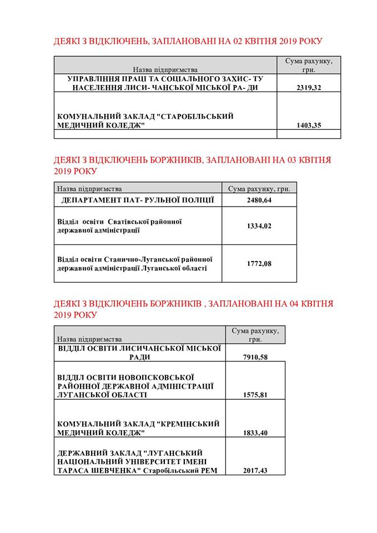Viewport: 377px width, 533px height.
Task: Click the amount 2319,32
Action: tap(308, 88)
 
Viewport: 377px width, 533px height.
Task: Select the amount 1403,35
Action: tap(308, 125)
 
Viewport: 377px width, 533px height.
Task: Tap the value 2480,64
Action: tap(259, 200)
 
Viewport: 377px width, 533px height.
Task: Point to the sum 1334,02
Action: tap(259, 225)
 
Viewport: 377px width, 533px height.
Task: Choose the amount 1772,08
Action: tap(259, 263)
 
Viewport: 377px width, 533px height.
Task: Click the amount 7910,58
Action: tap(255, 357)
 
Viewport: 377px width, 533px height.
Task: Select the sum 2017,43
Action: tap(255, 470)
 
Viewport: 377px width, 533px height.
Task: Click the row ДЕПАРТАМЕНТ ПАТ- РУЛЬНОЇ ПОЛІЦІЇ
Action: tap(137, 200)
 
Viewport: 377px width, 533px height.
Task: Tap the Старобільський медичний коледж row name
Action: tap(145, 120)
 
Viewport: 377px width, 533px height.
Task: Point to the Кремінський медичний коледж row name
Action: tap(139, 428)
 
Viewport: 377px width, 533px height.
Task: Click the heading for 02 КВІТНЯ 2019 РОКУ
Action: tap(188, 42)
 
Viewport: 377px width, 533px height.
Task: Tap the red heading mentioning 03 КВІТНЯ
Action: tap(192, 165)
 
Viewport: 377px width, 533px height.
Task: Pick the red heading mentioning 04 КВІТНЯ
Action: tap(193, 309)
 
